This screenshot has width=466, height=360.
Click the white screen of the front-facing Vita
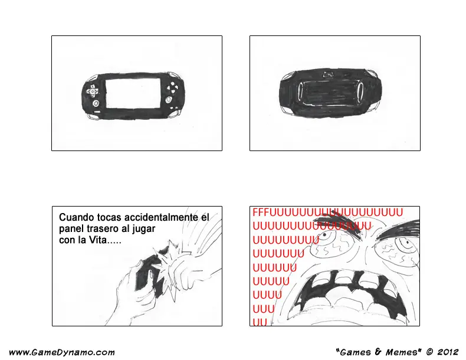pyautogui.click(x=133, y=93)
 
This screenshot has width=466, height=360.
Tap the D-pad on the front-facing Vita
pyautogui.click(x=93, y=91)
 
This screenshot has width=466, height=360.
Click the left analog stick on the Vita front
pyautogui.click(x=96, y=103)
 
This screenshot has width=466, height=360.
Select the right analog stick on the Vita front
pyautogui.click(x=169, y=99)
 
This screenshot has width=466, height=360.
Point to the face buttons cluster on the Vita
pyautogui.click(x=172, y=87)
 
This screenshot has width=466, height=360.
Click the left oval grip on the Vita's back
pyautogui.click(x=300, y=90)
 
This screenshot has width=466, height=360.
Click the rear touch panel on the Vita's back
pyautogui.click(x=330, y=91)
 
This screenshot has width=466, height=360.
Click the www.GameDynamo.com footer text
pyautogui.click(x=61, y=352)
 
